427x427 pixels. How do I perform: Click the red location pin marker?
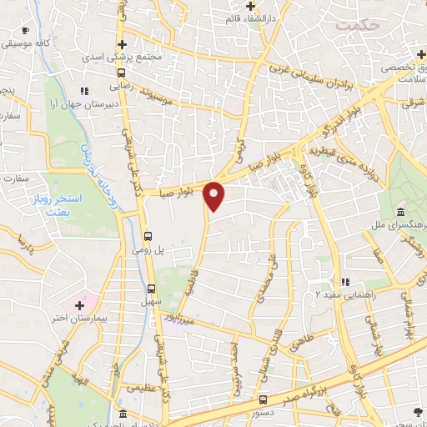[215, 195]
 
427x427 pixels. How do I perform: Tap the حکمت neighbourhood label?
[359, 25]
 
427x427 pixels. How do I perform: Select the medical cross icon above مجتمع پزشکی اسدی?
[122, 43]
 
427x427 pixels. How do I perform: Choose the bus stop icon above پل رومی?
[148, 235]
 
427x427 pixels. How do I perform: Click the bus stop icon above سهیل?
[148, 289]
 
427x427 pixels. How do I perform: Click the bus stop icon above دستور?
[264, 399]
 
